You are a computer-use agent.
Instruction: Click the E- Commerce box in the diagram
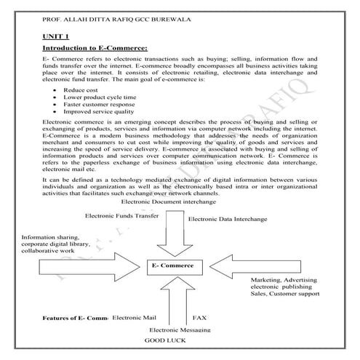pos(173,267)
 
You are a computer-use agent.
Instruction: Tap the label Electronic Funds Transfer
pos(122,216)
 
